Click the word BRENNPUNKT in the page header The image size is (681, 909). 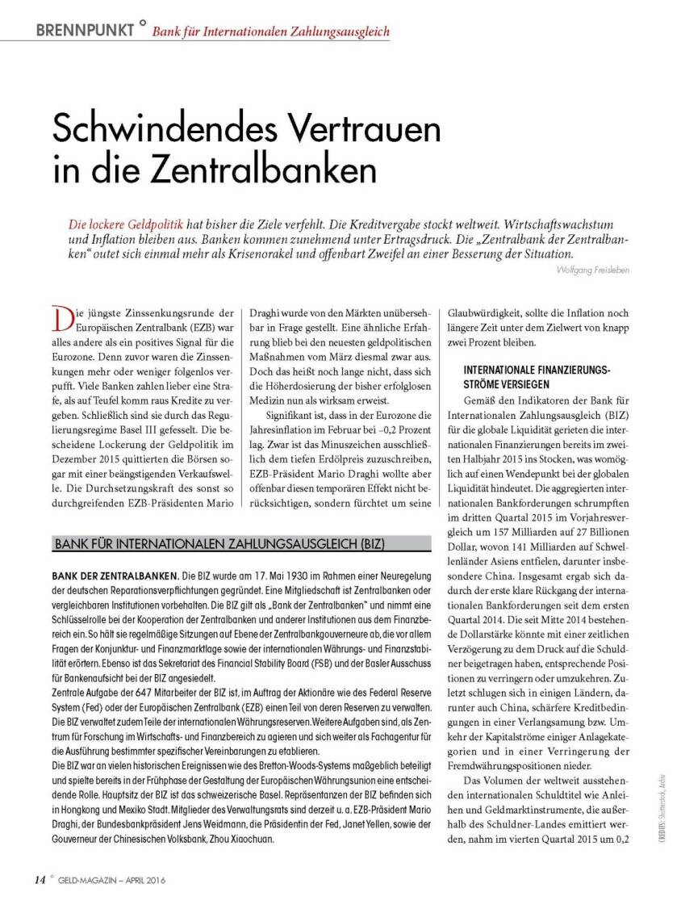point(85,31)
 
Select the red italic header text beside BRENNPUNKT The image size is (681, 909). point(271,32)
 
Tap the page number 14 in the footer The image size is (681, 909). point(40,878)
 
